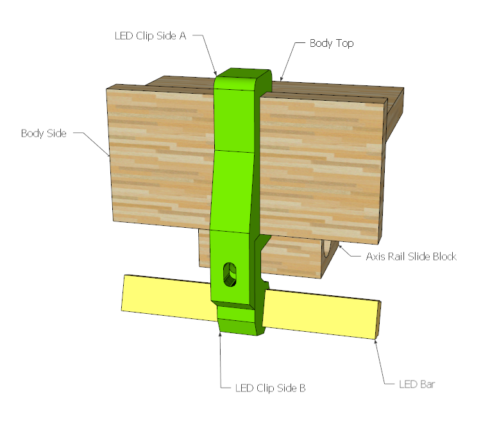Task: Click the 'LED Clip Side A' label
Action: pos(150,36)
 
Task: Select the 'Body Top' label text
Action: pos(332,43)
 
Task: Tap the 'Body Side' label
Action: pos(44,133)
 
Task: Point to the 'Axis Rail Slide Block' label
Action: pos(411,257)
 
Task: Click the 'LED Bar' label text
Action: pos(417,384)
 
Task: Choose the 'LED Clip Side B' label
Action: pos(270,388)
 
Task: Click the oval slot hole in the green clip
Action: pos(230,274)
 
